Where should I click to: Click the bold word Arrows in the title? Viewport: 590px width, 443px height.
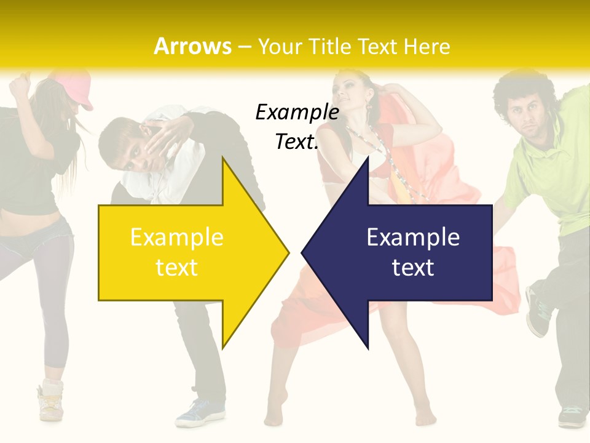tap(192, 46)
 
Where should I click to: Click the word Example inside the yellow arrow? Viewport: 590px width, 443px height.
tap(177, 237)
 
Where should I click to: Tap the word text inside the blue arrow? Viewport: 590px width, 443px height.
tap(413, 267)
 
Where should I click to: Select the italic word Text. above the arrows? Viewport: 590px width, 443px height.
tap(297, 142)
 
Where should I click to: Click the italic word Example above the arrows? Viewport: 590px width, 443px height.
tap(297, 112)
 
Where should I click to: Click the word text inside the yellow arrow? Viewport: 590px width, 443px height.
tap(177, 267)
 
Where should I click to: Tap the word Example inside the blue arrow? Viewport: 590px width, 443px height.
tap(413, 237)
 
